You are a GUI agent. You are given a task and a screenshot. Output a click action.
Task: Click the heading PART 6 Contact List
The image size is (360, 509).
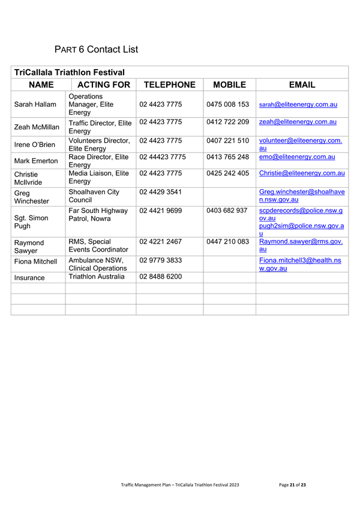(x=96, y=49)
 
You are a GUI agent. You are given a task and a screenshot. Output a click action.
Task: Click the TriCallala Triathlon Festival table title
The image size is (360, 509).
(x=69, y=72)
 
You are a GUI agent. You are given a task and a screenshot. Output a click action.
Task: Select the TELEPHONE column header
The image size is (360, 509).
(x=170, y=85)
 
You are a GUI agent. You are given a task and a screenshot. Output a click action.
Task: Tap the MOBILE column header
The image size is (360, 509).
(x=229, y=85)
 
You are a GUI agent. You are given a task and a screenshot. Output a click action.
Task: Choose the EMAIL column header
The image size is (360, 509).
(x=302, y=85)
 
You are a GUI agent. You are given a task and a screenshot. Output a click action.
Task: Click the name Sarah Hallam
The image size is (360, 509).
(x=35, y=104)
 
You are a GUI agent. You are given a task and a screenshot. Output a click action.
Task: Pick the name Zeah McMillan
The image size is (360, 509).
(x=37, y=127)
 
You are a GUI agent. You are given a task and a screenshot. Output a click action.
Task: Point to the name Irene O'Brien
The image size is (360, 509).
(x=35, y=144)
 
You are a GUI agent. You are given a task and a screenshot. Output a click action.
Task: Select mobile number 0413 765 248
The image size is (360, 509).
(x=227, y=157)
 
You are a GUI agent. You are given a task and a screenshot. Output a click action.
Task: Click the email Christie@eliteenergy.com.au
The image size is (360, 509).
(x=302, y=173)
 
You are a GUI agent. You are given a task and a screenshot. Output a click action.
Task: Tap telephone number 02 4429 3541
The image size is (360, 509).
(x=160, y=191)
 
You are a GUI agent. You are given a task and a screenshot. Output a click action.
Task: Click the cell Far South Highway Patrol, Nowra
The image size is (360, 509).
(x=98, y=215)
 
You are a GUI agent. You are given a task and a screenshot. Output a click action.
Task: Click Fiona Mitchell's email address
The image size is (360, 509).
(x=300, y=265)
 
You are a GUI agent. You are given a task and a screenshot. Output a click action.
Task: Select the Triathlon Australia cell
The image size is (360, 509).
(x=97, y=277)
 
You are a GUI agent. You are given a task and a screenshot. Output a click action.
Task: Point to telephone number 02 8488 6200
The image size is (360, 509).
(x=160, y=277)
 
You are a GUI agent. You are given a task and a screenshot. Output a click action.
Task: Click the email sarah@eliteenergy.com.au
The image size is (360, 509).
(x=298, y=104)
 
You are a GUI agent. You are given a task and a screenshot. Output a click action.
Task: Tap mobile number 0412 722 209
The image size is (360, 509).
(x=227, y=122)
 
